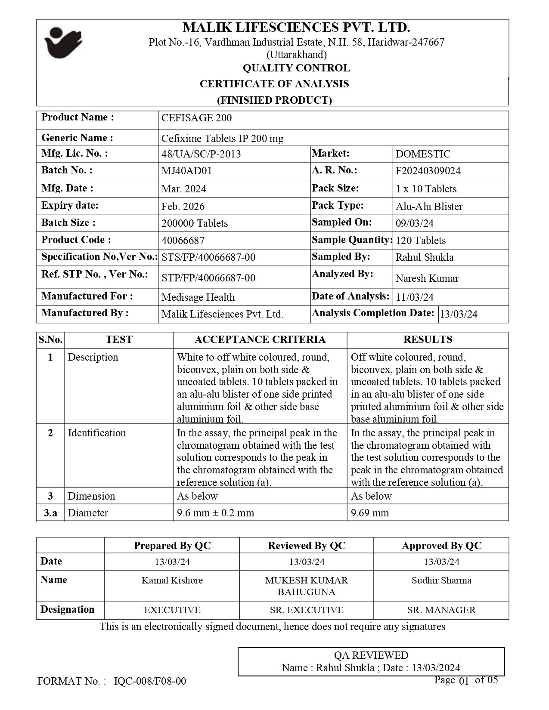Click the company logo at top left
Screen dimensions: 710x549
click(63, 42)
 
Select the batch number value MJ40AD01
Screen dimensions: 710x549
click(186, 171)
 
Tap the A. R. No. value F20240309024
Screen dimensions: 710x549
click(428, 171)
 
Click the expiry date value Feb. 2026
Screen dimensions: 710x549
click(183, 206)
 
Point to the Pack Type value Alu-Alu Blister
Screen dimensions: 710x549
click(429, 206)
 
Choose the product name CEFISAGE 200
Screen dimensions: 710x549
click(196, 118)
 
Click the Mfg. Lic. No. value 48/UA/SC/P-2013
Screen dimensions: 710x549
click(201, 154)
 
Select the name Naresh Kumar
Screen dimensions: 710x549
click(427, 278)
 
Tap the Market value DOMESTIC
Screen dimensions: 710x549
click(423, 154)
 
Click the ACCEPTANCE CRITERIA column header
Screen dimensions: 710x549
click(260, 340)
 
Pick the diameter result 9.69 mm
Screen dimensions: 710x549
click(370, 513)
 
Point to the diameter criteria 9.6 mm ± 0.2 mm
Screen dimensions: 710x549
click(215, 513)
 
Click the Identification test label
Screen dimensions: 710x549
click(97, 433)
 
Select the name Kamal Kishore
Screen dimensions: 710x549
click(172, 580)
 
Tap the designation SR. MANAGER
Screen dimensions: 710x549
click(441, 610)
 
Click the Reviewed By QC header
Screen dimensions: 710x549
click(307, 546)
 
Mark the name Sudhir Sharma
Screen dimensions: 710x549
click(441, 580)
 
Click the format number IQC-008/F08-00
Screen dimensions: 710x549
click(150, 681)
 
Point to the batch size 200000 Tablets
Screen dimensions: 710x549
click(195, 223)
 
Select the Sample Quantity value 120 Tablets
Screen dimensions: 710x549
click(421, 241)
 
